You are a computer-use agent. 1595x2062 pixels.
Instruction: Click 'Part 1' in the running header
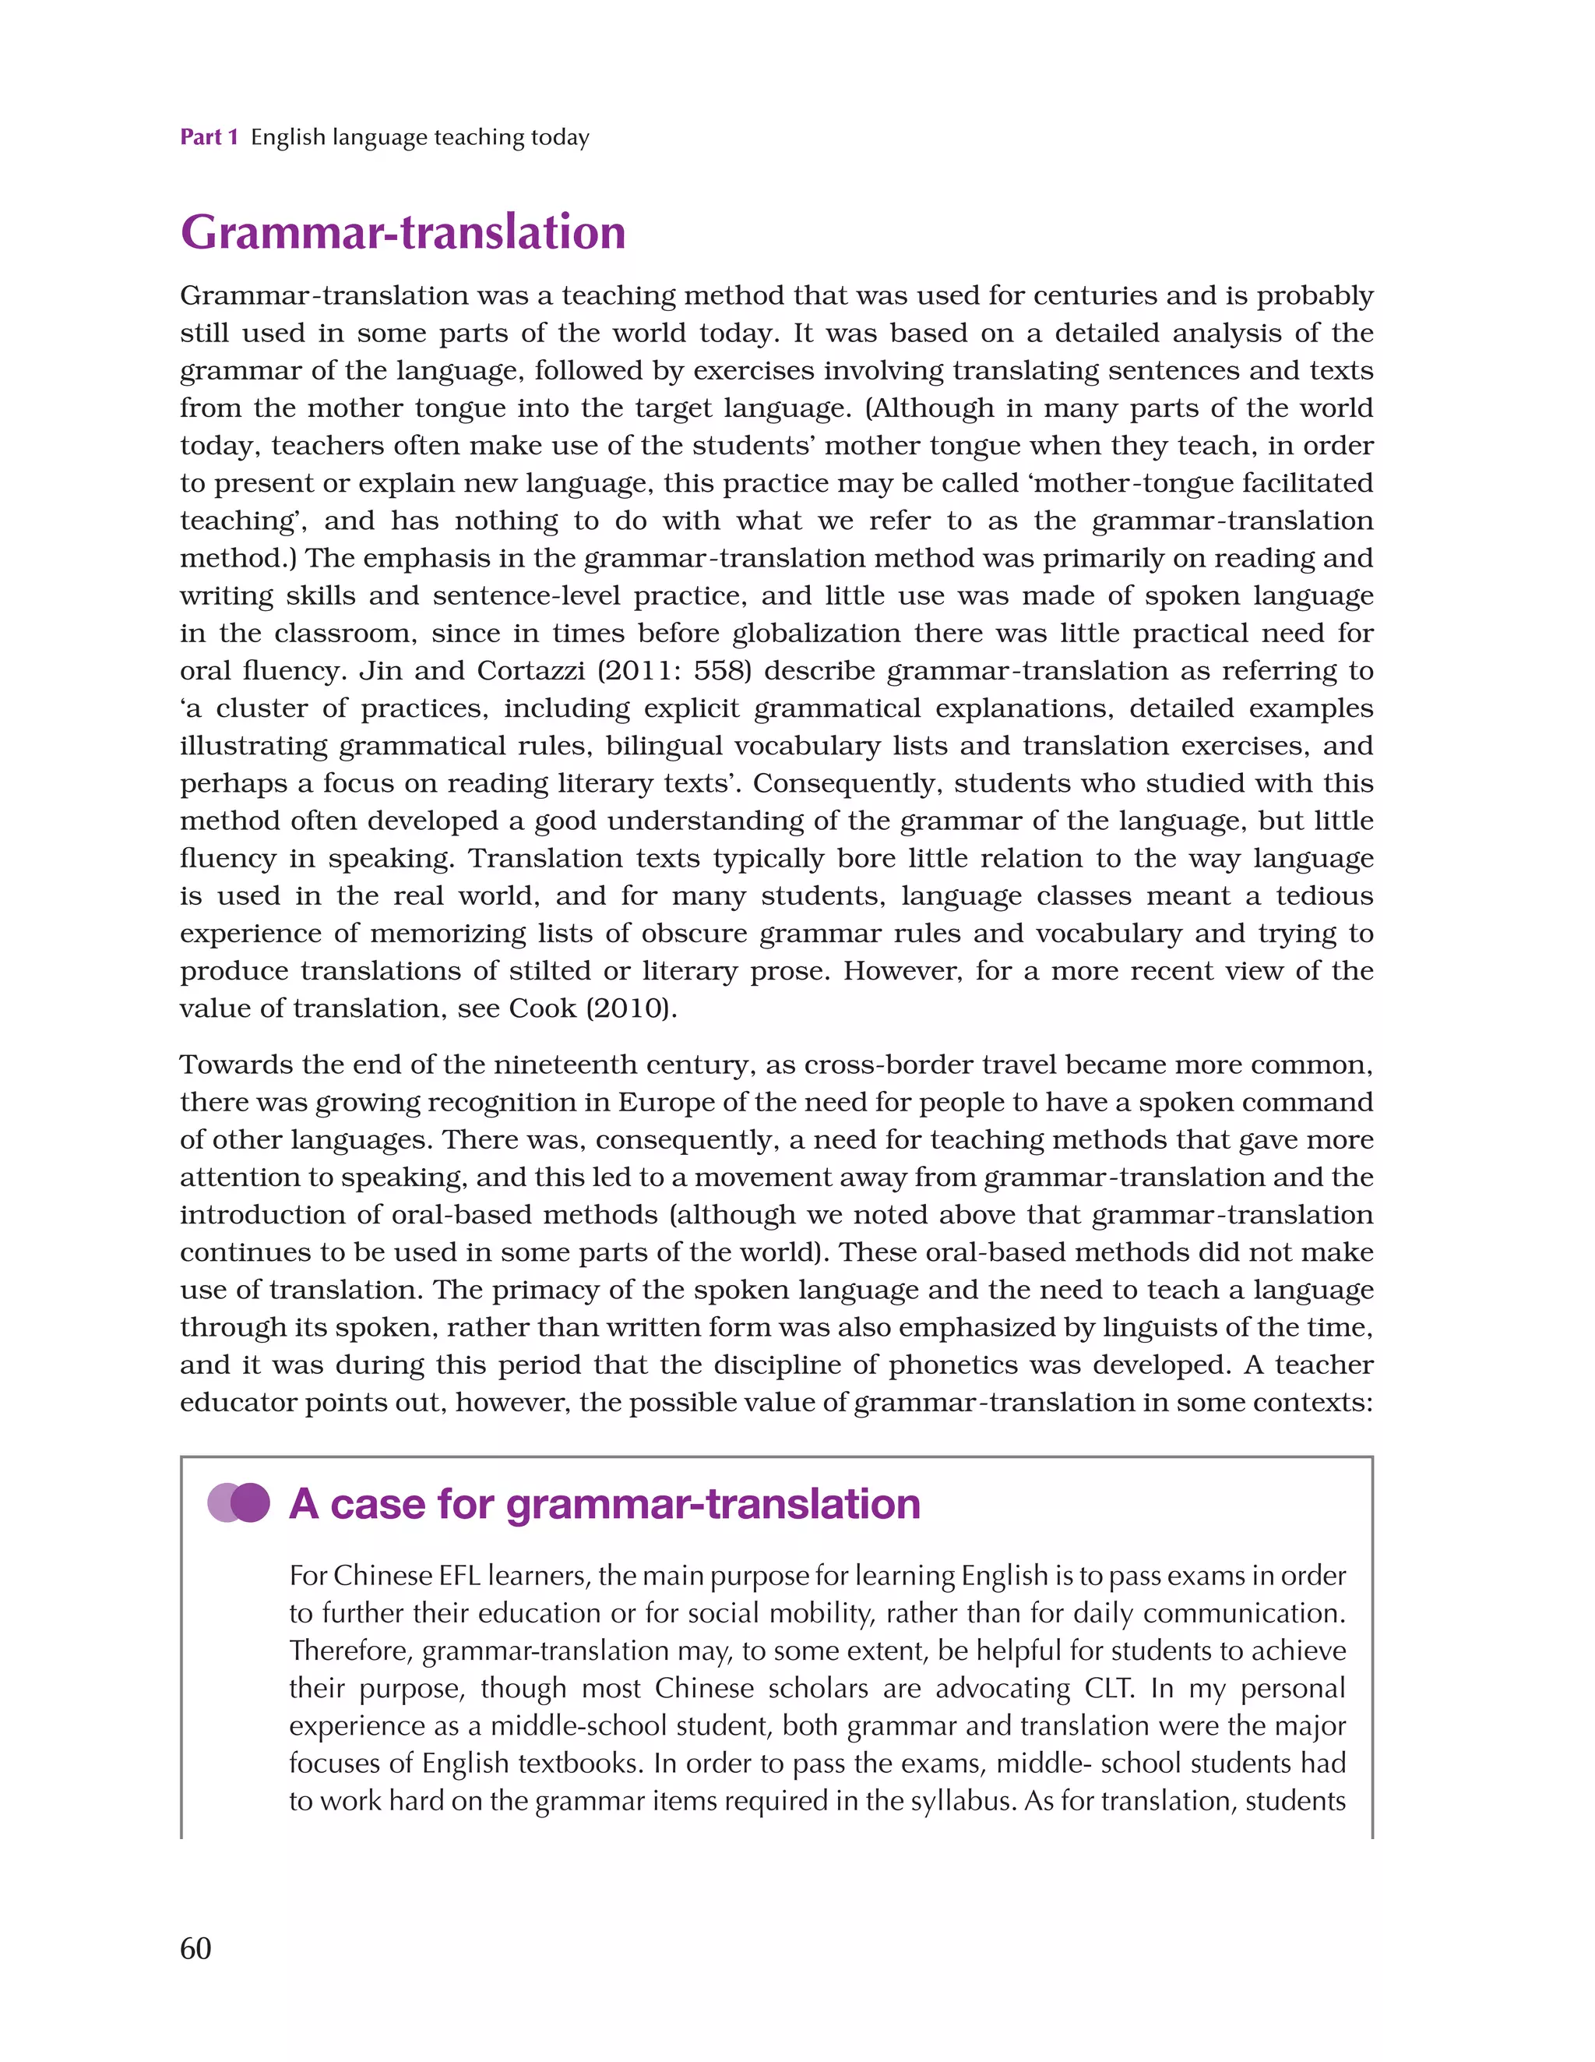point(209,138)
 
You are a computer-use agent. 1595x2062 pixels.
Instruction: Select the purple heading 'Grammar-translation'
point(403,232)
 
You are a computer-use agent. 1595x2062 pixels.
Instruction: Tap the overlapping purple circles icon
point(239,1503)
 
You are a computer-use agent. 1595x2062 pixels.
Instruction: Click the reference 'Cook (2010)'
point(593,1008)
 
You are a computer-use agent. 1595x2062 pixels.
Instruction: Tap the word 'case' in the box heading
point(384,1504)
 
